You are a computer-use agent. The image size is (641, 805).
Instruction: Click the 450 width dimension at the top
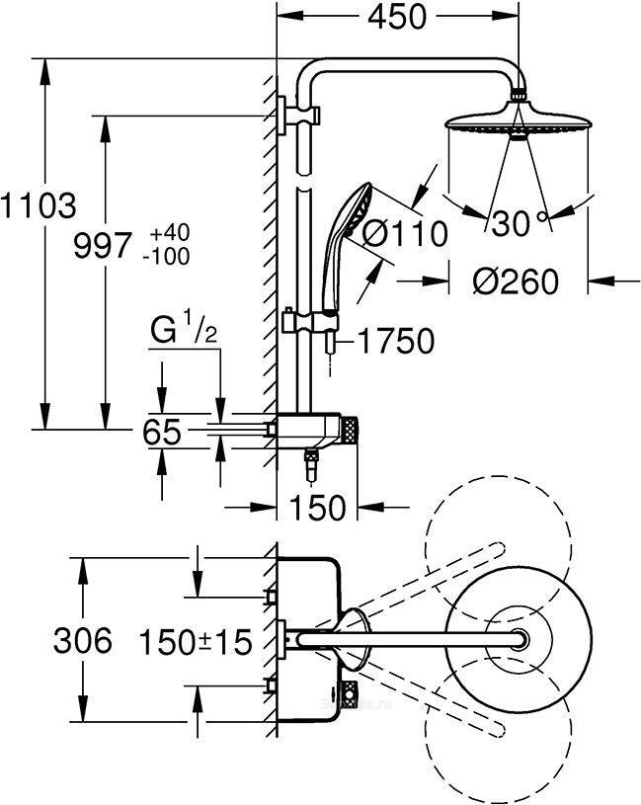400,18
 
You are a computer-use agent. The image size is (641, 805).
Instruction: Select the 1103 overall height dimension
37,207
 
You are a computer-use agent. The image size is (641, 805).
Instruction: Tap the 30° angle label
521,224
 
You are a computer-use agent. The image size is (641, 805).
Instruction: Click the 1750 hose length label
395,342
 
